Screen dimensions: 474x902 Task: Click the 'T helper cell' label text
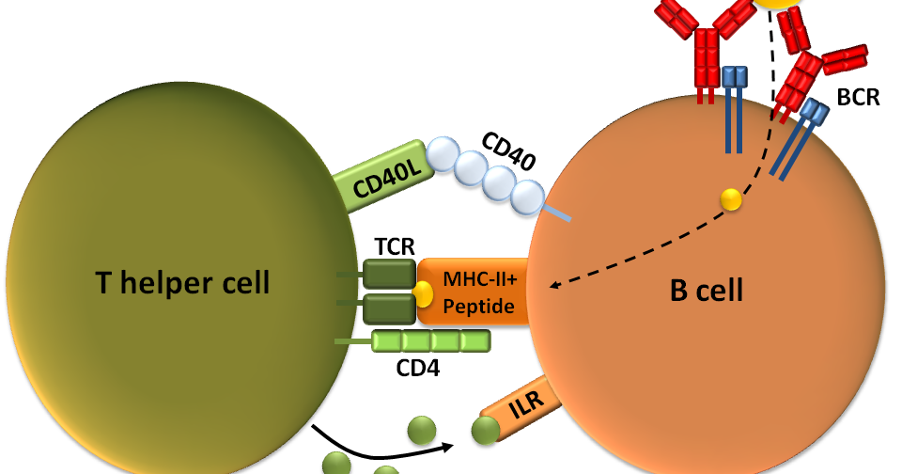pyautogui.click(x=182, y=281)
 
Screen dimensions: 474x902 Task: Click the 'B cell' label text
pyautogui.click(x=706, y=290)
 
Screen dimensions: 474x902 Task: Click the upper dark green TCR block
pyautogui.click(x=389, y=275)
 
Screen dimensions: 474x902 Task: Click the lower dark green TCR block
pyautogui.click(x=389, y=308)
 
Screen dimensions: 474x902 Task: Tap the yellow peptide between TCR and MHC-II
pyautogui.click(x=423, y=292)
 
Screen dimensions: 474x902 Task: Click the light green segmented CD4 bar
pyautogui.click(x=430, y=340)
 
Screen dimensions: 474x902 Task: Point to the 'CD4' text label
pyautogui.click(x=417, y=367)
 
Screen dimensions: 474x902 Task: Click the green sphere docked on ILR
pyautogui.click(x=485, y=432)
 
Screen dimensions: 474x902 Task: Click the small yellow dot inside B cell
pyautogui.click(x=730, y=198)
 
